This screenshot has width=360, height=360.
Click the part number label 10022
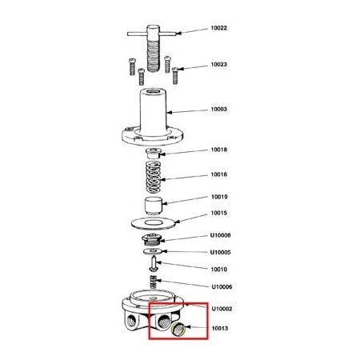pos(218,28)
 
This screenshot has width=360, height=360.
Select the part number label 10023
pos(218,65)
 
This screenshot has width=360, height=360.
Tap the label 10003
pos(218,110)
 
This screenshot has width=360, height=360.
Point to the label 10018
pos(218,150)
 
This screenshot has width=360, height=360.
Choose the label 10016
pos(218,174)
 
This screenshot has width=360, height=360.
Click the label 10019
pos(218,196)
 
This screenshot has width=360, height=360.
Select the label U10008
pos(220,235)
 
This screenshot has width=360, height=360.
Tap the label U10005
pos(220,252)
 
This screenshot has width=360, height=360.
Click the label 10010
pos(218,270)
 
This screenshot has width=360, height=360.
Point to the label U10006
pos(220,286)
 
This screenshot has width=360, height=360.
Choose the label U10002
pos(220,309)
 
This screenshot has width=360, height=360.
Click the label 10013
pos(218,328)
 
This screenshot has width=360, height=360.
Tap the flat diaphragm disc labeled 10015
pos(153,220)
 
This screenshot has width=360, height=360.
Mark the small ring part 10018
pos(154,152)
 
